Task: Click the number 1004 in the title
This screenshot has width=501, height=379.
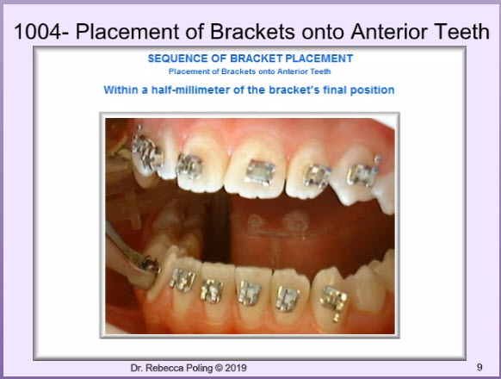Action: [37, 32]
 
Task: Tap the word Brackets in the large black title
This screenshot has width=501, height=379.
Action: [252, 32]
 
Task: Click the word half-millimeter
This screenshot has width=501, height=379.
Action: [191, 90]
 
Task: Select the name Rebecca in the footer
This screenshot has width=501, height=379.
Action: [164, 368]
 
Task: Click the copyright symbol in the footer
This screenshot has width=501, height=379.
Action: [219, 368]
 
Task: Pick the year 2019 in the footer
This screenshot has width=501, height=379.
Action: [236, 368]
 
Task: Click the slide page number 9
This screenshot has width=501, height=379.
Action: [479, 367]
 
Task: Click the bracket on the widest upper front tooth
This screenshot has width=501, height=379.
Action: [260, 172]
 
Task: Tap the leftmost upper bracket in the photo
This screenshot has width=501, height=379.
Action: [146, 152]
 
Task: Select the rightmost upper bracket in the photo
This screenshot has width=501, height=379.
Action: [362, 175]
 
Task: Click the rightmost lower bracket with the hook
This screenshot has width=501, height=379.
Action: [334, 301]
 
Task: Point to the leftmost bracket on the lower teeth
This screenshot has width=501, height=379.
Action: [182, 279]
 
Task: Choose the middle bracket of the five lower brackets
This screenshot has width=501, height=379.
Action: [250, 293]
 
